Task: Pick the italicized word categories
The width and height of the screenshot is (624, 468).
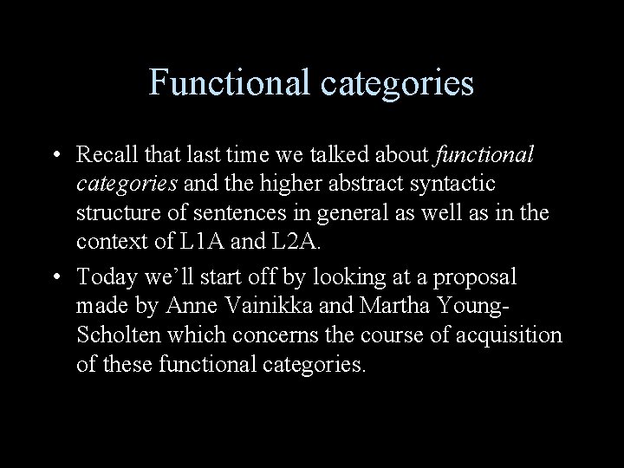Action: point(127,185)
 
